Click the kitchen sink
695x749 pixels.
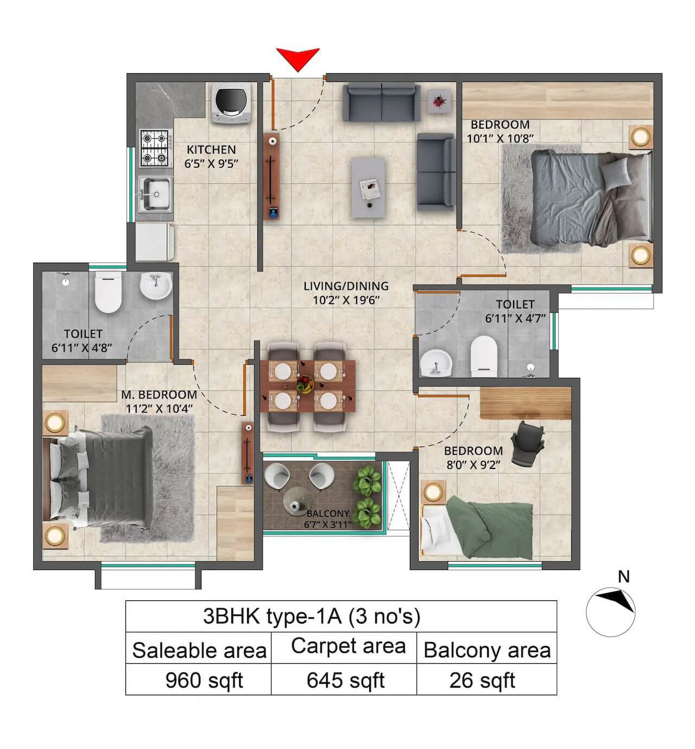(154, 193)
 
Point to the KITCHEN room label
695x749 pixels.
(211, 149)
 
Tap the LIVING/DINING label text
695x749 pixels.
(346, 286)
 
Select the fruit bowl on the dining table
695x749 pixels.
(305, 385)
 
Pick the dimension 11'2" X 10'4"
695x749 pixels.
(159, 409)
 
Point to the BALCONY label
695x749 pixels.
(327, 513)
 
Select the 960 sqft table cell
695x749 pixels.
(204, 680)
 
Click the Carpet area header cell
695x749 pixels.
(348, 646)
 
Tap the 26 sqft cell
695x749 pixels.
(482, 680)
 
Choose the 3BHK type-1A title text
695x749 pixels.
(312, 617)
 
